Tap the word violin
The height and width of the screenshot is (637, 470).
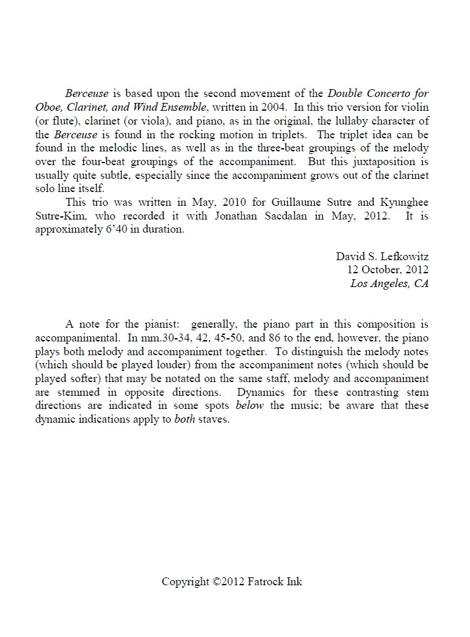pos(414,106)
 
